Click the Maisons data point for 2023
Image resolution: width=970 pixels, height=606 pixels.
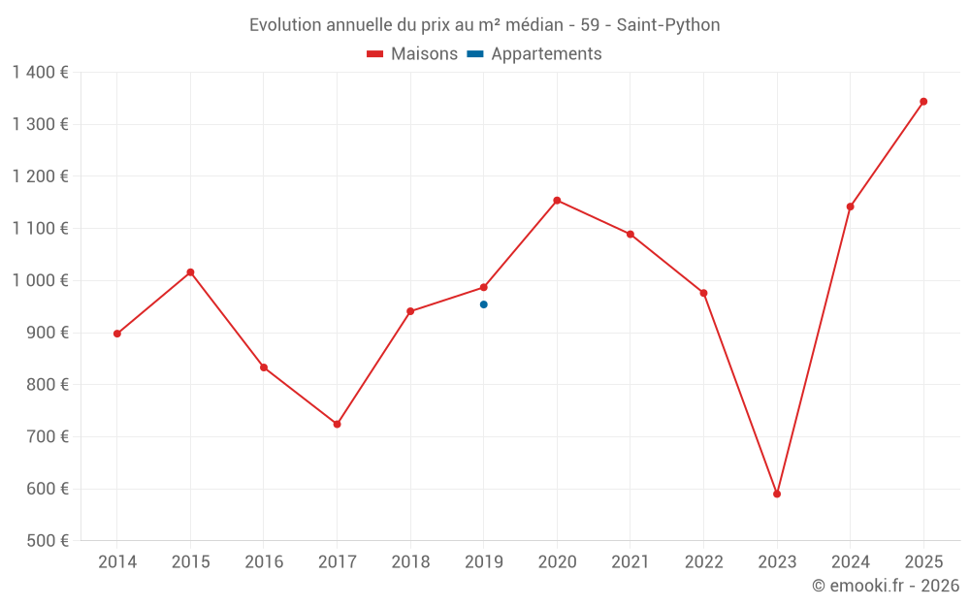777,494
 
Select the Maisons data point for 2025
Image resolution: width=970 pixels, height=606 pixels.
923,101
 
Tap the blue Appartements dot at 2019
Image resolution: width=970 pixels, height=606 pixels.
484,304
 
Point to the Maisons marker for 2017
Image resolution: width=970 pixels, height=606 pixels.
337,424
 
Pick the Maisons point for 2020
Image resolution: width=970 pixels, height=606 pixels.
557,201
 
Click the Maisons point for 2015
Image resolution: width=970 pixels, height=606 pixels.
190,272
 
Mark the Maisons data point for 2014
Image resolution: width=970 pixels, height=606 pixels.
117,334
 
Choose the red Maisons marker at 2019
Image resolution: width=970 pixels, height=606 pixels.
484,287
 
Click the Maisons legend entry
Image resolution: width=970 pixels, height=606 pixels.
412,54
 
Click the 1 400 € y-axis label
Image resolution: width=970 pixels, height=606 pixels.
40,73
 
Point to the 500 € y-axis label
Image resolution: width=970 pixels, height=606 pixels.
46,541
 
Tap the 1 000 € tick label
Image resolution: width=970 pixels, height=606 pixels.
40,280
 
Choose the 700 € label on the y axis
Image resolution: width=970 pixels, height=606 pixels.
46,436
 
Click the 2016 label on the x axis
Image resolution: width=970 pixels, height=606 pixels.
264,562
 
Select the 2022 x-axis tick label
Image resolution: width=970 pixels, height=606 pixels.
703,562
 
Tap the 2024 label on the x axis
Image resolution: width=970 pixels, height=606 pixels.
850,562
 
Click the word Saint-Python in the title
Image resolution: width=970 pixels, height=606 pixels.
668,25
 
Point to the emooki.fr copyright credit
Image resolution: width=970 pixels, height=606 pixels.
885,586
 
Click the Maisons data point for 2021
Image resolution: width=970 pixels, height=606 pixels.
630,234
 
